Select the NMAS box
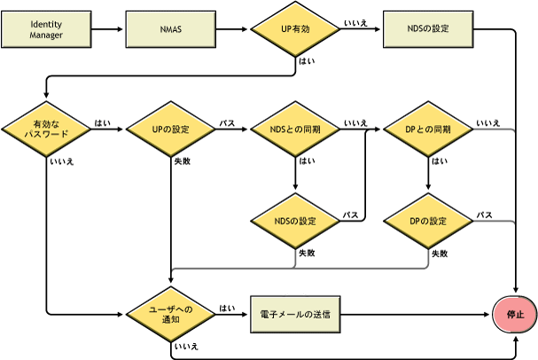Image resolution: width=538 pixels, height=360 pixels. click(x=171, y=29)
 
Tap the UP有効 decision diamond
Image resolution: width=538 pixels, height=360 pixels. click(x=296, y=29)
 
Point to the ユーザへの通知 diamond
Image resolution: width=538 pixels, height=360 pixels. click(x=171, y=314)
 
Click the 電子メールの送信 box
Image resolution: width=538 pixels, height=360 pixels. click(x=296, y=314)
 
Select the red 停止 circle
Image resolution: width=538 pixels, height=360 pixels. click(x=515, y=314)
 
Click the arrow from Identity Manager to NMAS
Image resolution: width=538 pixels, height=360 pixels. click(x=108, y=29)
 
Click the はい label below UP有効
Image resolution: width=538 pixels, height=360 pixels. click(x=308, y=62)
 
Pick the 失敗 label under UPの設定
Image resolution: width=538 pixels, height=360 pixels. click(x=182, y=161)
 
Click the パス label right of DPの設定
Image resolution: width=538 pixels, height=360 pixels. click(x=485, y=215)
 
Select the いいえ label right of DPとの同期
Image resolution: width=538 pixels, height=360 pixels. click(x=487, y=122)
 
